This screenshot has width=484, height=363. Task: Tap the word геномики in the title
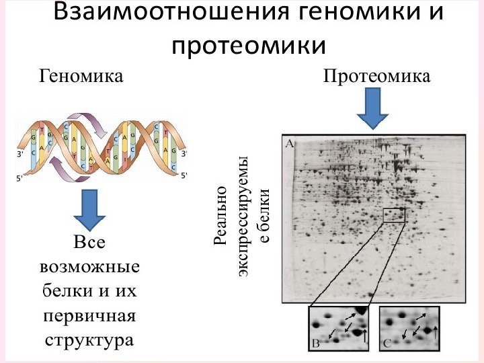coord(354,13)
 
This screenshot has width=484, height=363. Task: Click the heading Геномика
coord(82,76)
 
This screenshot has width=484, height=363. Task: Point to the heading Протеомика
coord(376,76)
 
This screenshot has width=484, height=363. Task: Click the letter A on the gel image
coord(290,143)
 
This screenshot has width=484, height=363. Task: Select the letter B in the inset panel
coord(316,344)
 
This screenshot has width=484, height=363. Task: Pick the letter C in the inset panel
coord(387,344)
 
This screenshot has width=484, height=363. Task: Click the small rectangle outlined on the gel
coord(395,215)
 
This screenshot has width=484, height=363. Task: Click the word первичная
coord(89,315)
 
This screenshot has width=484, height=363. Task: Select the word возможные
coord(89,267)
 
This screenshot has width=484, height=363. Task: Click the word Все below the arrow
coord(89,243)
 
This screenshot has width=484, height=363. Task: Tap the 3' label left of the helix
coord(20,154)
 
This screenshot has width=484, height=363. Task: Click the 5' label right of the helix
coord(184,175)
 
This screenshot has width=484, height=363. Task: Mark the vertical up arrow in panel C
coord(436,331)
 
